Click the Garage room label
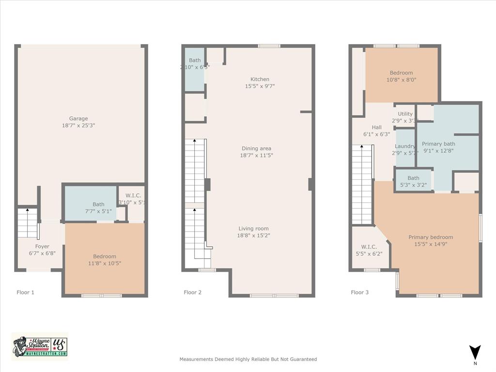pyautogui.click(x=78, y=119)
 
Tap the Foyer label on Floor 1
pyautogui.click(x=42, y=247)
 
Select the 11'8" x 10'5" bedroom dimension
pyautogui.click(x=105, y=263)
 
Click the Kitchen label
pyautogui.click(x=260, y=79)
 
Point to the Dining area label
pyautogui.click(x=257, y=149)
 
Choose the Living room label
pyautogui.click(x=253, y=229)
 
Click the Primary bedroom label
pyautogui.click(x=431, y=237)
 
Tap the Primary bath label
pyautogui.click(x=438, y=144)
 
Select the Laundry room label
pyautogui.click(x=405, y=146)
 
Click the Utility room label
pyautogui.click(x=405, y=114)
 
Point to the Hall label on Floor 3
pyautogui.click(x=376, y=128)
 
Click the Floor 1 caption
pyautogui.click(x=26, y=293)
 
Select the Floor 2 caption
pyautogui.click(x=193, y=293)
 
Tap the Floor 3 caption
pyautogui.click(x=360, y=293)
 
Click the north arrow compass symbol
pyautogui.click(x=475, y=352)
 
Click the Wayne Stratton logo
pyautogui.click(x=40, y=346)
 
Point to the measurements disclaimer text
pyautogui.click(x=248, y=359)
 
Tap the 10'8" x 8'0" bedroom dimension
pyautogui.click(x=402, y=80)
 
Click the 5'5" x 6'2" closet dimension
pyautogui.click(x=369, y=254)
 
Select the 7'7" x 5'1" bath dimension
pyautogui.click(x=98, y=211)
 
